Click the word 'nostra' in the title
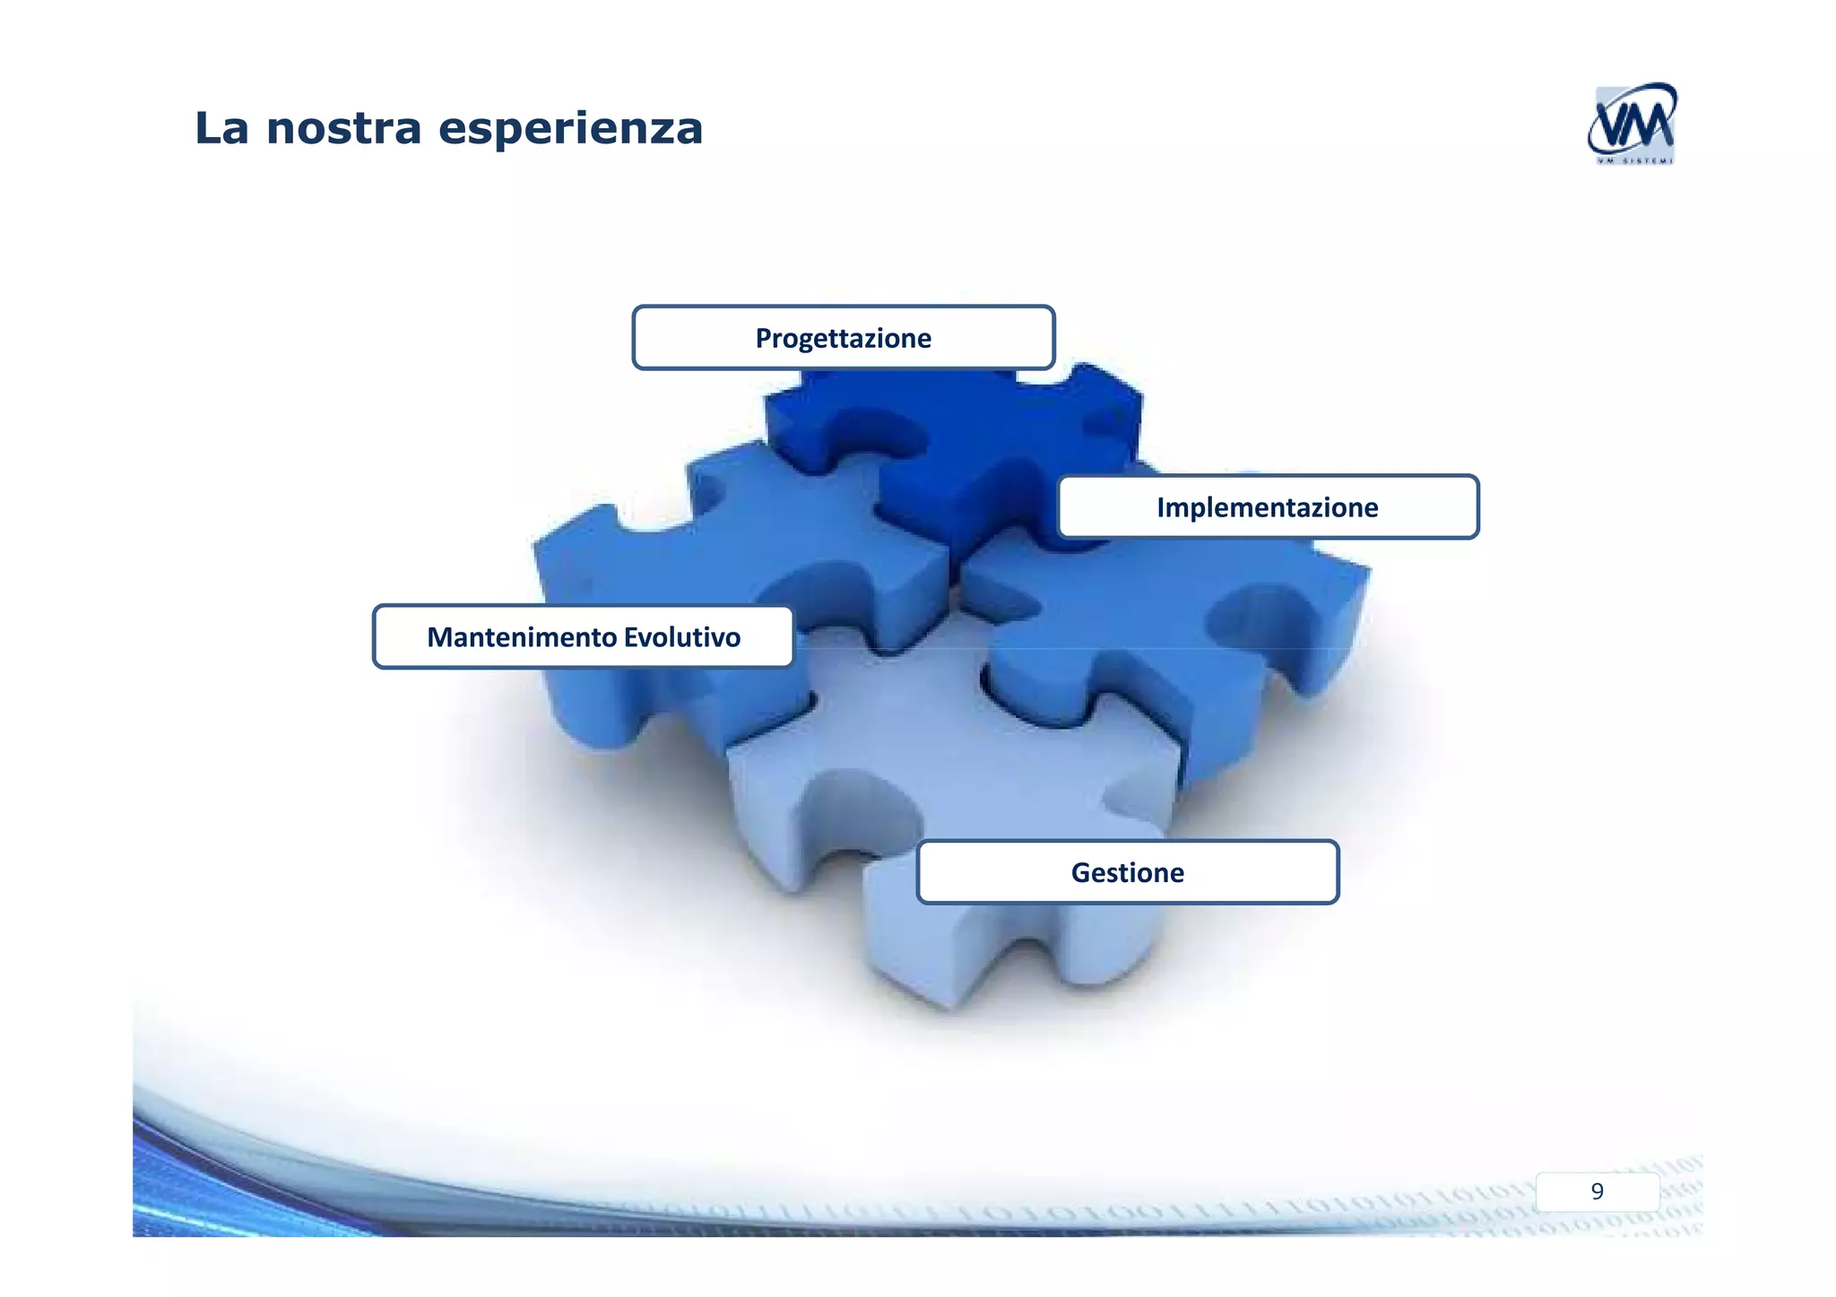(343, 128)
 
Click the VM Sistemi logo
(1632, 124)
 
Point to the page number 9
(1597, 1191)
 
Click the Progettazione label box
(843, 338)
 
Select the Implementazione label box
(1268, 507)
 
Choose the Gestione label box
(1128, 872)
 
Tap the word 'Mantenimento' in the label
(522, 637)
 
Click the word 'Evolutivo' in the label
(682, 637)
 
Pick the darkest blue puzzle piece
(977, 448)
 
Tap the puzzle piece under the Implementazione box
(1165, 627)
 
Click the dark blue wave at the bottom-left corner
(179, 1192)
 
